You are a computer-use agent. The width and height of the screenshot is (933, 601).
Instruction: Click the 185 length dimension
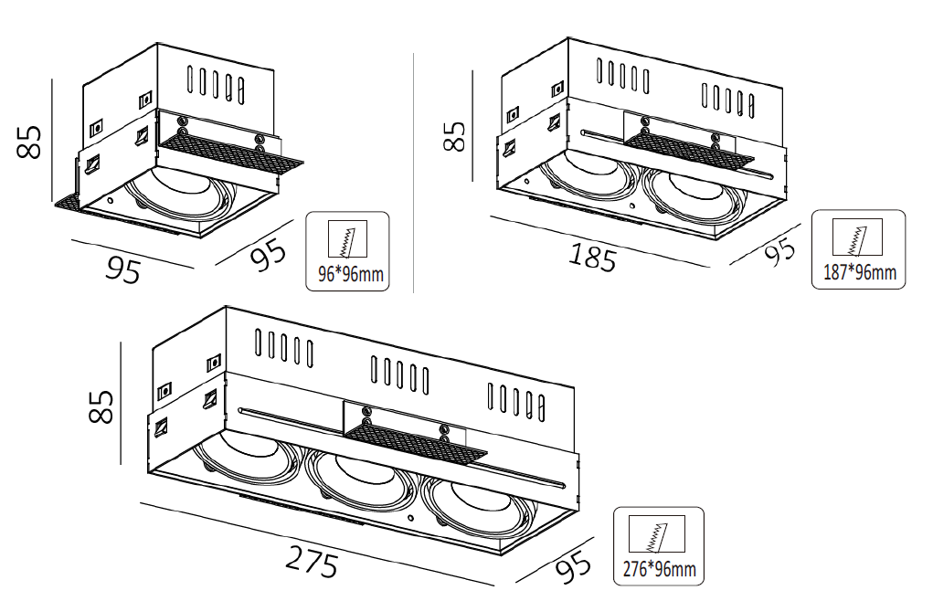click(x=593, y=258)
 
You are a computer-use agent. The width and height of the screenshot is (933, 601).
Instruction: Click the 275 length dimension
click(x=312, y=561)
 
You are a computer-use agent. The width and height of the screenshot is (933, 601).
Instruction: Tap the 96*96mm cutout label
click(x=351, y=274)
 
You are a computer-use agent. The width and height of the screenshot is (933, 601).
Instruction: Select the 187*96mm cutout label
click(x=860, y=272)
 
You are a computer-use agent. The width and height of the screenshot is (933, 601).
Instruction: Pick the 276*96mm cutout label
click(x=659, y=569)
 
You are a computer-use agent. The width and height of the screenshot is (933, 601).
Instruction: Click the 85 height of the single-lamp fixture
click(x=29, y=142)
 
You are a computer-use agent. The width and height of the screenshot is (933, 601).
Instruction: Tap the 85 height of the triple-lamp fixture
click(x=101, y=406)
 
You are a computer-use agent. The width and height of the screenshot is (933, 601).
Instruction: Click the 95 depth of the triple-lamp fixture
click(x=574, y=567)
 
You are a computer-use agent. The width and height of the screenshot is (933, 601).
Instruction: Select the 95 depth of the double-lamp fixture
click(x=780, y=251)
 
